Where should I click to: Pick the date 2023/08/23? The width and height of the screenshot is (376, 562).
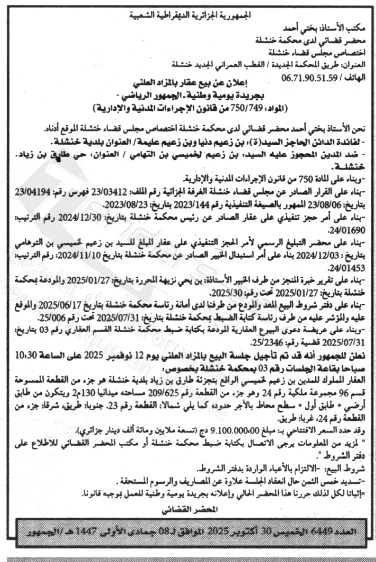pos(126,206)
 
